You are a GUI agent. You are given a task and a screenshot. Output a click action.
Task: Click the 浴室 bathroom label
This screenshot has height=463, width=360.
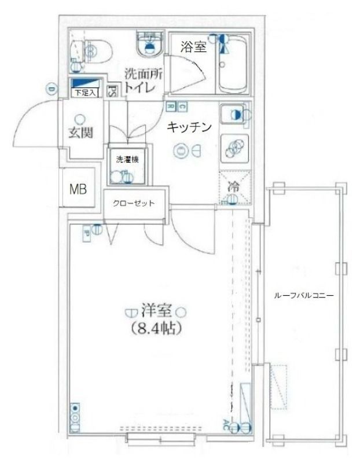[x=193, y=47]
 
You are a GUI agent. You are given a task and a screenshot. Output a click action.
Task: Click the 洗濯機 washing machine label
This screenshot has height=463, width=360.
[x=126, y=160]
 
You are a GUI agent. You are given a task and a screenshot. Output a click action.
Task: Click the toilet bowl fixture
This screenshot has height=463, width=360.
[x=92, y=52]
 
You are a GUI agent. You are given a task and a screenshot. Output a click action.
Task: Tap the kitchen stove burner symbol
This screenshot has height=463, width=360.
[x=234, y=147]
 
